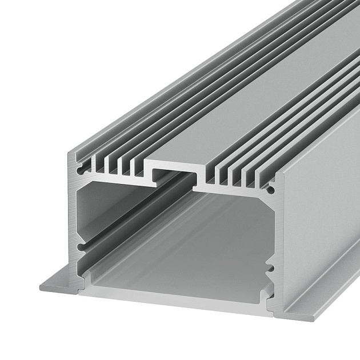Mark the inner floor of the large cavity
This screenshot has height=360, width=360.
click(x=183, y=269)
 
